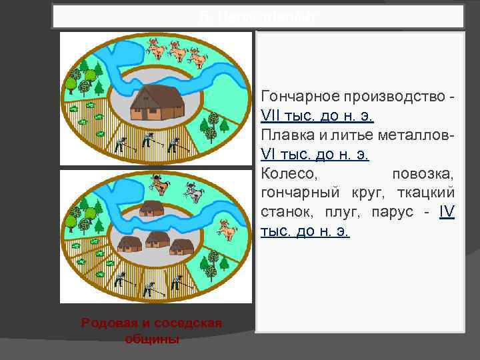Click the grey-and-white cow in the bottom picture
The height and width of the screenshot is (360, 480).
pyautogui.click(x=193, y=191)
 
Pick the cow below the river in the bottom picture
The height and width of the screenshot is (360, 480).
pyautogui.click(x=229, y=230)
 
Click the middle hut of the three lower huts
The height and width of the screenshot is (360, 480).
pyautogui.click(x=157, y=239)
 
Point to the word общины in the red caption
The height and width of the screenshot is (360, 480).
pyautogui.click(x=151, y=339)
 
